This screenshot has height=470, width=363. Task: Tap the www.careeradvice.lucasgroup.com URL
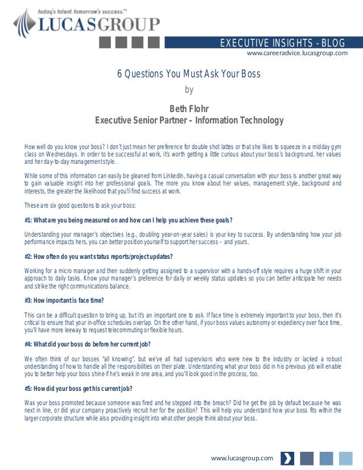pyautogui.click(x=296, y=53)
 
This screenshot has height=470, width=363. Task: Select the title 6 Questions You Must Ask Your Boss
pyautogui.click(x=189, y=74)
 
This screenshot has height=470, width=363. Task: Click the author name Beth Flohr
pyautogui.click(x=189, y=109)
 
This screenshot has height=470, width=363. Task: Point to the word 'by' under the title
pyautogui.click(x=189, y=89)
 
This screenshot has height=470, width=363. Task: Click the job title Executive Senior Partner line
pyautogui.click(x=189, y=120)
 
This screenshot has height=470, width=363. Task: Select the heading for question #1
pyautogui.click(x=128, y=220)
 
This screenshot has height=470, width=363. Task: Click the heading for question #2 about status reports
pyautogui.click(x=98, y=256)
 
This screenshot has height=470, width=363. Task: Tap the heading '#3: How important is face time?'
pyautogui.click(x=64, y=300)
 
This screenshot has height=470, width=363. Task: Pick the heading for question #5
pyautogui.click(x=79, y=389)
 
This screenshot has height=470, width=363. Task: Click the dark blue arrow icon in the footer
pyautogui.click(x=288, y=458)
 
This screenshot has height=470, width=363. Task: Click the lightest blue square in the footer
pyautogui.click(x=345, y=458)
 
